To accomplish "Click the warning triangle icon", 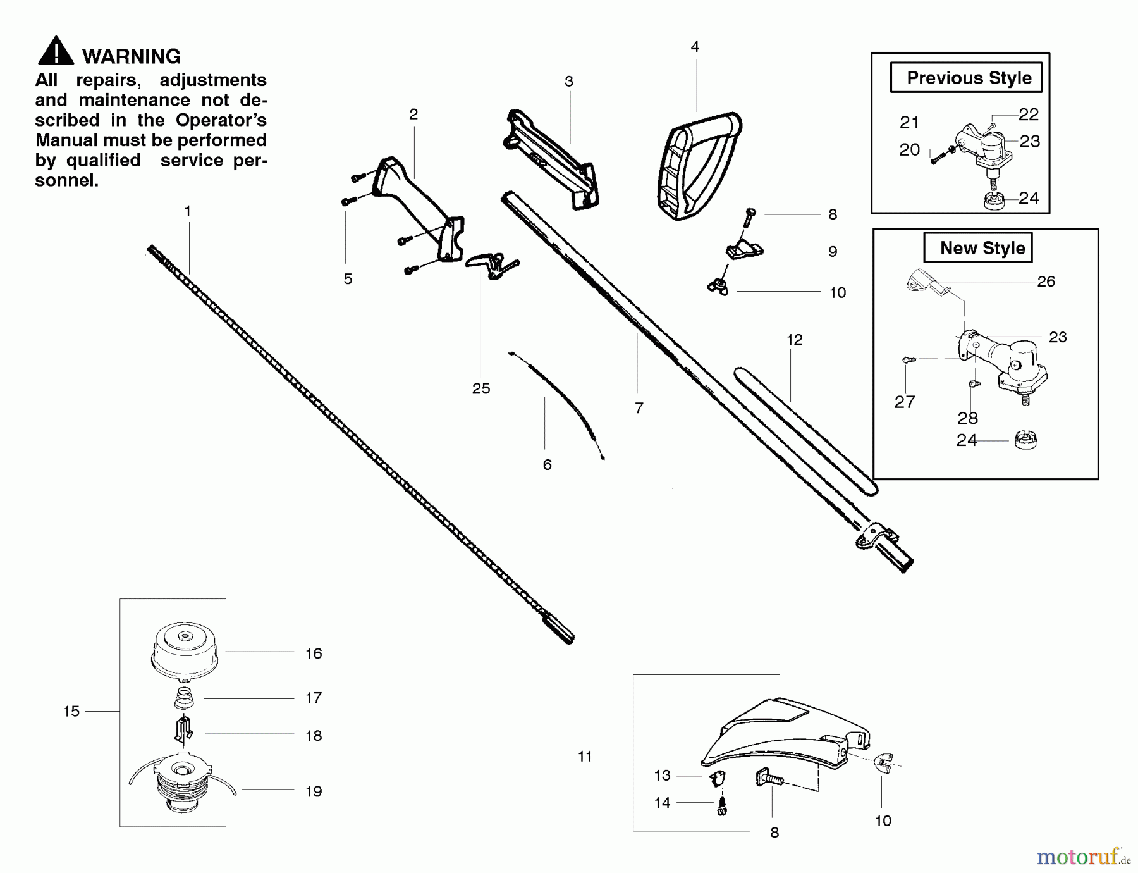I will pyautogui.click(x=56, y=51).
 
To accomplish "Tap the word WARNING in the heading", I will pyautogui.click(x=132, y=57).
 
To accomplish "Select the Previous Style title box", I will pyautogui.click(x=965, y=78).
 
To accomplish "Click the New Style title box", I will pyautogui.click(x=977, y=248).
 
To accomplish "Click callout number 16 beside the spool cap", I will pyautogui.click(x=314, y=654).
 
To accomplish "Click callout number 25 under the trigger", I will pyautogui.click(x=480, y=388).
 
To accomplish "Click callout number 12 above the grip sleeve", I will pyautogui.click(x=794, y=340).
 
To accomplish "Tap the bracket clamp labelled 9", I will pyautogui.click(x=744, y=249).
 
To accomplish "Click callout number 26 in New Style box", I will pyautogui.click(x=1046, y=282).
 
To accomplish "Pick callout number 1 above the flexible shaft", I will pyautogui.click(x=187, y=211).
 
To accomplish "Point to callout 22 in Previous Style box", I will pyautogui.click(x=1028, y=115).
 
